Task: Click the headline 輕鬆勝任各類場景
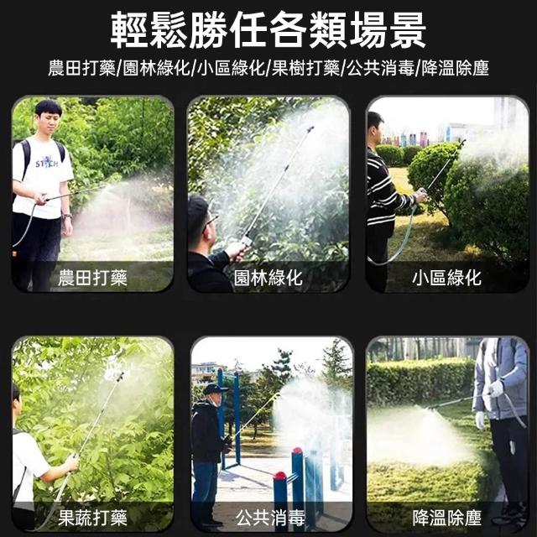pyautogui.click(x=268, y=30)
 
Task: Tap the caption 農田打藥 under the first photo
pyautogui.click(x=92, y=278)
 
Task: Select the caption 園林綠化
pyautogui.click(x=268, y=278)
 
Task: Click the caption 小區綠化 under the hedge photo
pyautogui.click(x=446, y=278)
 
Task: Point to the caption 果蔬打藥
pyautogui.click(x=92, y=518)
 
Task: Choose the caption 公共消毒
pyautogui.click(x=270, y=518)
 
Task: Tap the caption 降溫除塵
pyautogui.click(x=446, y=518)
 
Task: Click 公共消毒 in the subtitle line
pyautogui.click(x=380, y=68)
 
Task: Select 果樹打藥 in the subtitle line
pyautogui.click(x=305, y=68)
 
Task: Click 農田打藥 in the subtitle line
pyautogui.click(x=81, y=68)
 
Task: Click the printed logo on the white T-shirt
pyautogui.click(x=47, y=162)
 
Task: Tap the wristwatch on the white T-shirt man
pyautogui.click(x=67, y=216)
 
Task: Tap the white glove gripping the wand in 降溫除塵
pyautogui.click(x=496, y=388)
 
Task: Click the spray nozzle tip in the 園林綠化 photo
pyautogui.click(x=310, y=128)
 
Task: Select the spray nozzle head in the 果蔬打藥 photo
pyautogui.click(x=120, y=377)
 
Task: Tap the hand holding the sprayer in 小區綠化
pyautogui.click(x=421, y=196)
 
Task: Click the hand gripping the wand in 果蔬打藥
pyautogui.click(x=72, y=462)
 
